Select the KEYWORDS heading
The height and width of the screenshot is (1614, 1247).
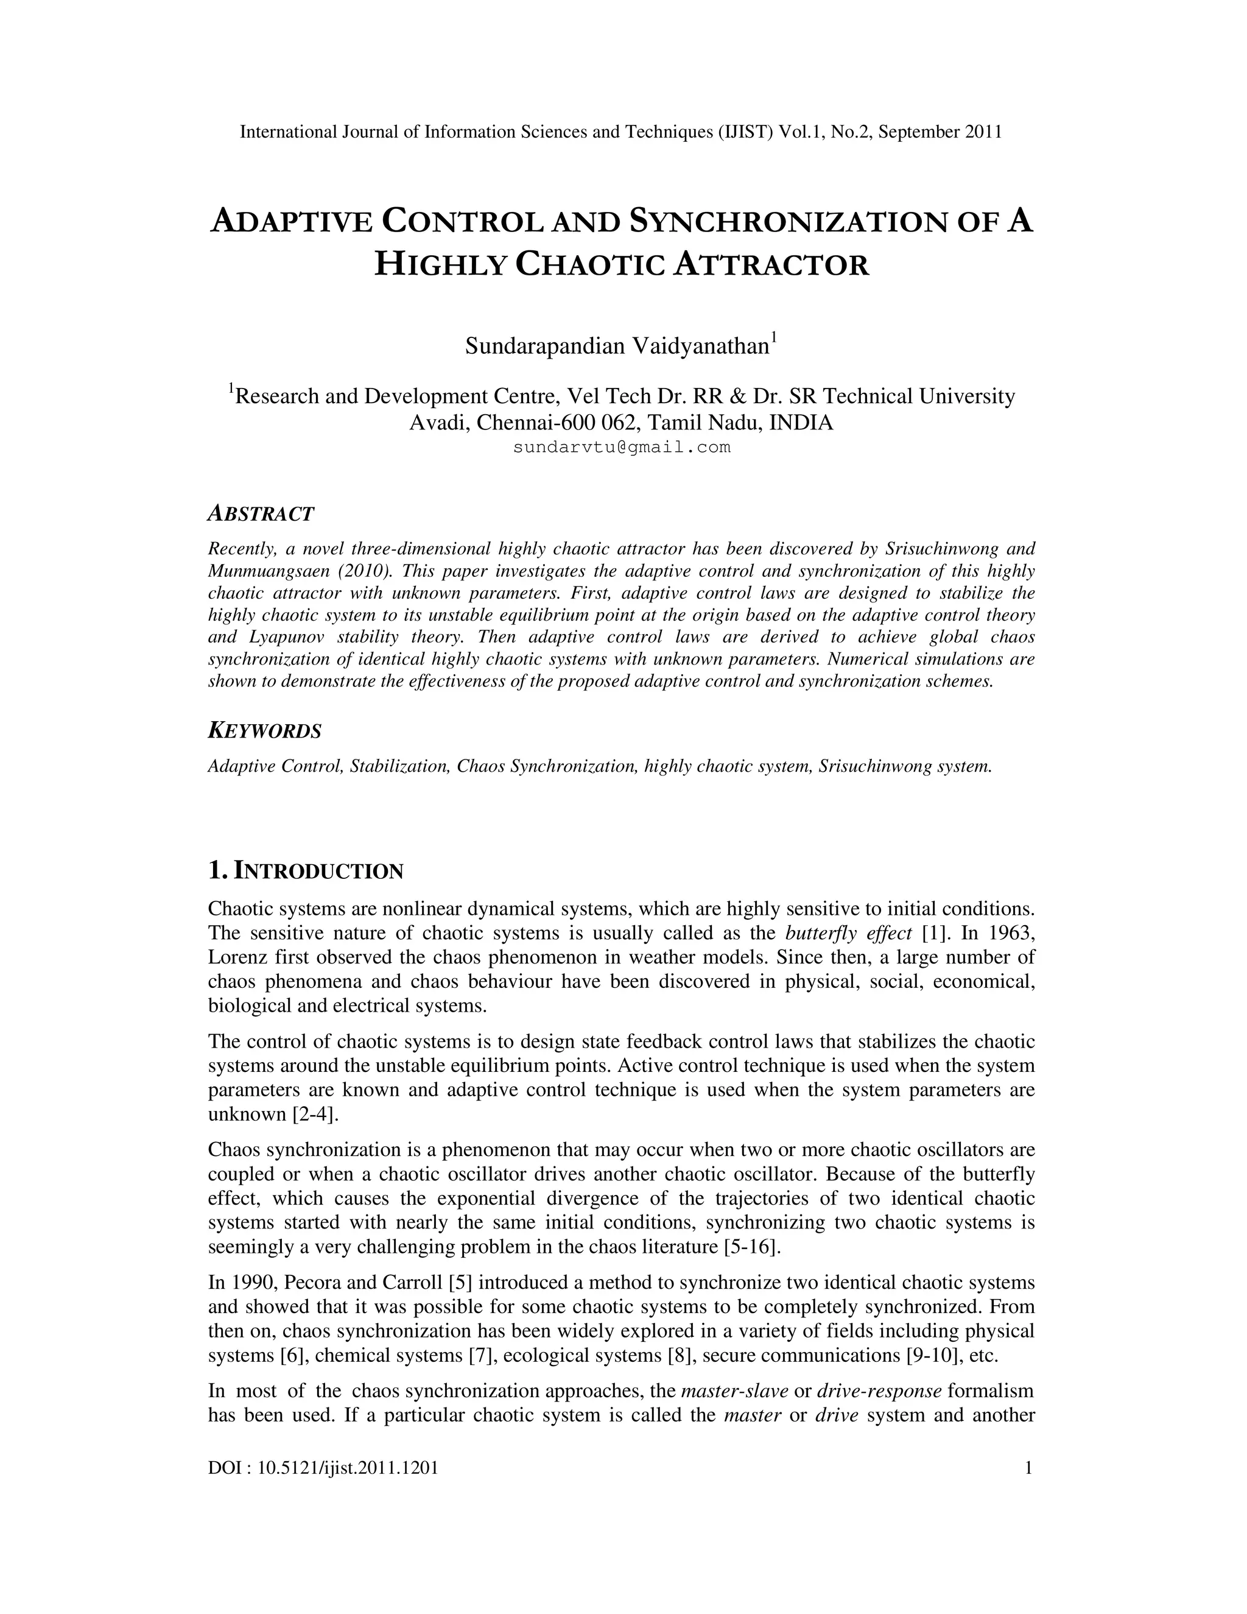coord(264,731)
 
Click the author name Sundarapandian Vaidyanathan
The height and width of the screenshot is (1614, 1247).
coord(617,347)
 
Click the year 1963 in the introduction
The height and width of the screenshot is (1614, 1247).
coord(1011,933)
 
